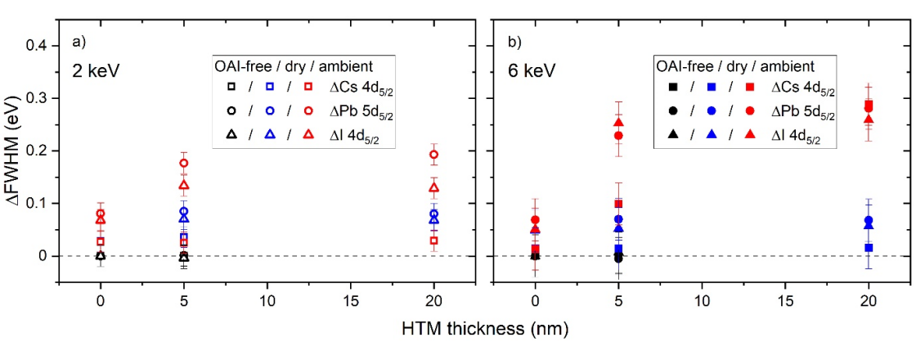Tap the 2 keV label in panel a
pyautogui.click(x=93, y=71)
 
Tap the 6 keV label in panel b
pyautogui.click(x=527, y=71)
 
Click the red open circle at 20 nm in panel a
pyautogui.click(x=434, y=155)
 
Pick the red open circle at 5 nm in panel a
pyautogui.click(x=184, y=163)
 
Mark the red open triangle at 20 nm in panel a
pyautogui.click(x=434, y=187)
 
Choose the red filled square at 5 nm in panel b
pyautogui.click(x=618, y=204)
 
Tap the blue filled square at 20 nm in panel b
pyautogui.click(x=869, y=247)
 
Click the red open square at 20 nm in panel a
pyautogui.click(x=434, y=241)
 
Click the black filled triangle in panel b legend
pyautogui.click(x=672, y=137)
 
